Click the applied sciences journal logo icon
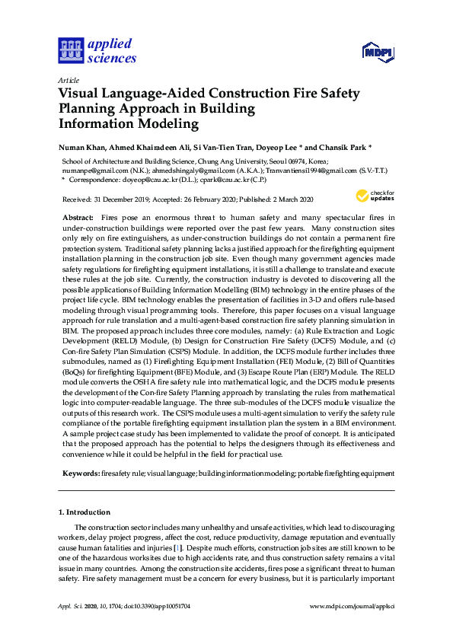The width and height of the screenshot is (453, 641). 70,50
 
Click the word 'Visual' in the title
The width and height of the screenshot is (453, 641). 83,94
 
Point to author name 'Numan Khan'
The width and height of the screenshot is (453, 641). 82,146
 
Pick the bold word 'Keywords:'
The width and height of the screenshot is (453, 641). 79,474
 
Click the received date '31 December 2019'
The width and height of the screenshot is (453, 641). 121,199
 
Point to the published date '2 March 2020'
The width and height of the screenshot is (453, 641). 288,199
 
